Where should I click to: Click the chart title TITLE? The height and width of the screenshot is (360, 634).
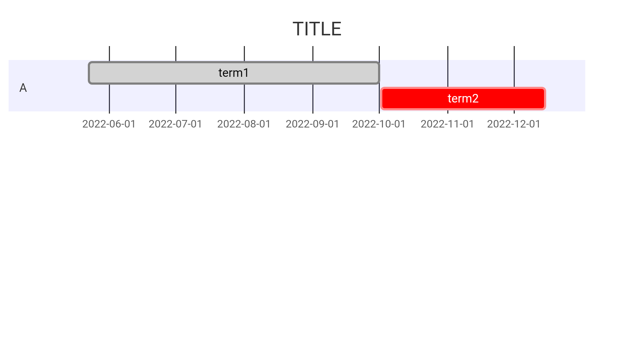point(317,29)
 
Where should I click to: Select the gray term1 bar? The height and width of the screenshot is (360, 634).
point(234,73)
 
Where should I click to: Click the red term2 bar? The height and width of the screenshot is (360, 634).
point(463,99)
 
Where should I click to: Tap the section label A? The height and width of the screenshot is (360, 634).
point(23,88)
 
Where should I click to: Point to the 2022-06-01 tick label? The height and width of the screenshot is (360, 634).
point(109,124)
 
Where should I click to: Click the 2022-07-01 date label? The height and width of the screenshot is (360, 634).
point(176,124)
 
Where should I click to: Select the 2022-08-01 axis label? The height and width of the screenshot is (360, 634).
point(244,124)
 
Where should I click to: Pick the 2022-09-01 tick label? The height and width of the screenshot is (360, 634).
point(313,124)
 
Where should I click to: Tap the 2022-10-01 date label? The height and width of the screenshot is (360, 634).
point(379,124)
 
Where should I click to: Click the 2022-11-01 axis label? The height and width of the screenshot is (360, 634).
point(448,124)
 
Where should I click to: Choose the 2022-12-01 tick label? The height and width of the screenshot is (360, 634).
point(514,124)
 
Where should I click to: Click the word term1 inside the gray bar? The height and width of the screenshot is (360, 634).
point(234,73)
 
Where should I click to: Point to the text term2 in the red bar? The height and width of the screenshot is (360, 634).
point(463,99)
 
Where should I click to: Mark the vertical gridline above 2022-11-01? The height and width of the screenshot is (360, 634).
point(448,67)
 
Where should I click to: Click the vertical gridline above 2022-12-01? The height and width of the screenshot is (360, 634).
point(514,67)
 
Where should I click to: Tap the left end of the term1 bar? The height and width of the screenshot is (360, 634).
point(89,73)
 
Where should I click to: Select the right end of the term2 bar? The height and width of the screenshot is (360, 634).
point(546,99)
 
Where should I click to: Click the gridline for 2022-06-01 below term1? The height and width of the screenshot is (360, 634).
point(109,99)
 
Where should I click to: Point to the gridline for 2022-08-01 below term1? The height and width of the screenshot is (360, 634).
point(244,99)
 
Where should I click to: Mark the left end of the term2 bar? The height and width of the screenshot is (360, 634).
point(381,99)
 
